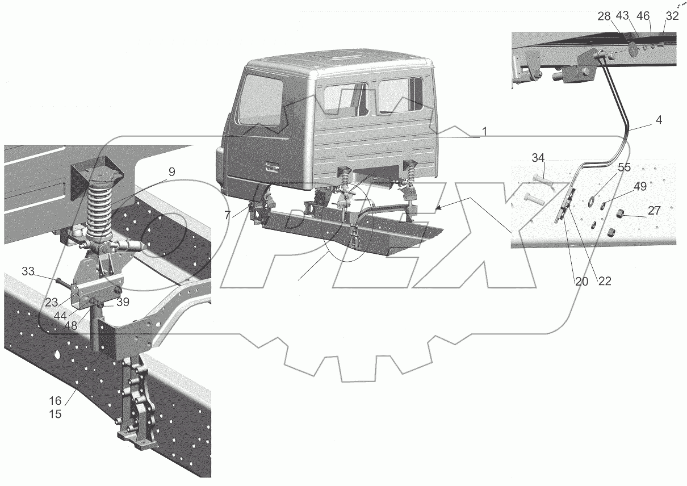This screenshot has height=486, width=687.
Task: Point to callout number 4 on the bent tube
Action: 659,120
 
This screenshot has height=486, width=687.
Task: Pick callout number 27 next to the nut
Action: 654,210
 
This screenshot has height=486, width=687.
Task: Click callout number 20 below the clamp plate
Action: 581,280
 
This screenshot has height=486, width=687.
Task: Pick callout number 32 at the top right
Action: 672,16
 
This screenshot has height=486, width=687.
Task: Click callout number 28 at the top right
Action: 604,16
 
